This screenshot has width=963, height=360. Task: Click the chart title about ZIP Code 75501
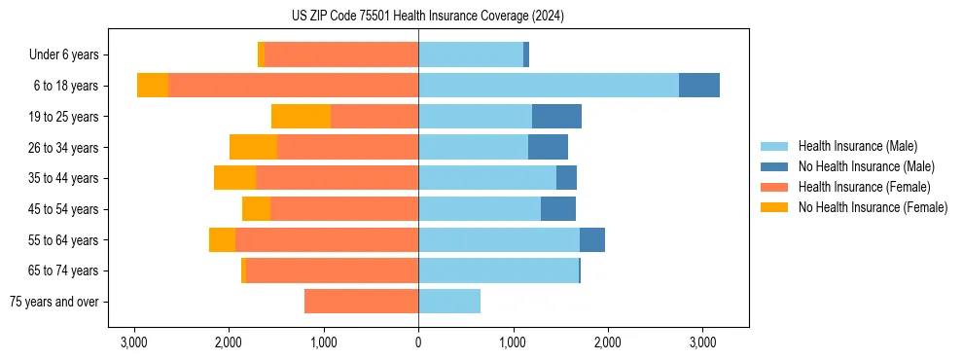point(427,17)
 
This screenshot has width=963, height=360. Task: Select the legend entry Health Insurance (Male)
point(857,146)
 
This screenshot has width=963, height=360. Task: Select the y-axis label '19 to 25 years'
point(61,117)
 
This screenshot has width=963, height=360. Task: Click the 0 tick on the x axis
point(418,342)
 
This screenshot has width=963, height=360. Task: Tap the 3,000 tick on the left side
point(133,342)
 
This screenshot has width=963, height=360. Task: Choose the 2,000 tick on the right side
point(607,342)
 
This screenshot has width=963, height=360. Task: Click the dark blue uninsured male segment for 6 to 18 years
point(698,86)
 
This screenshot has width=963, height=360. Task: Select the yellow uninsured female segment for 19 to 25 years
point(301,117)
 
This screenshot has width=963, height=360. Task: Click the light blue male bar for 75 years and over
point(449,302)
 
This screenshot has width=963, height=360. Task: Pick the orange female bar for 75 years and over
point(361,302)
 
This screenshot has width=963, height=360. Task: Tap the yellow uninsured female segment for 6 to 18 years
point(153,86)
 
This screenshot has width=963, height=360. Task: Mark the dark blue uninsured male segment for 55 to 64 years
point(591,240)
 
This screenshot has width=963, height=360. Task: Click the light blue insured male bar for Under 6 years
point(471,55)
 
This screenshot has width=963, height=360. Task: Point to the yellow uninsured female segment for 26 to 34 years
point(253,147)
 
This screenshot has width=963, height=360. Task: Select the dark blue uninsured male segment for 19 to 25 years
point(556,117)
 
